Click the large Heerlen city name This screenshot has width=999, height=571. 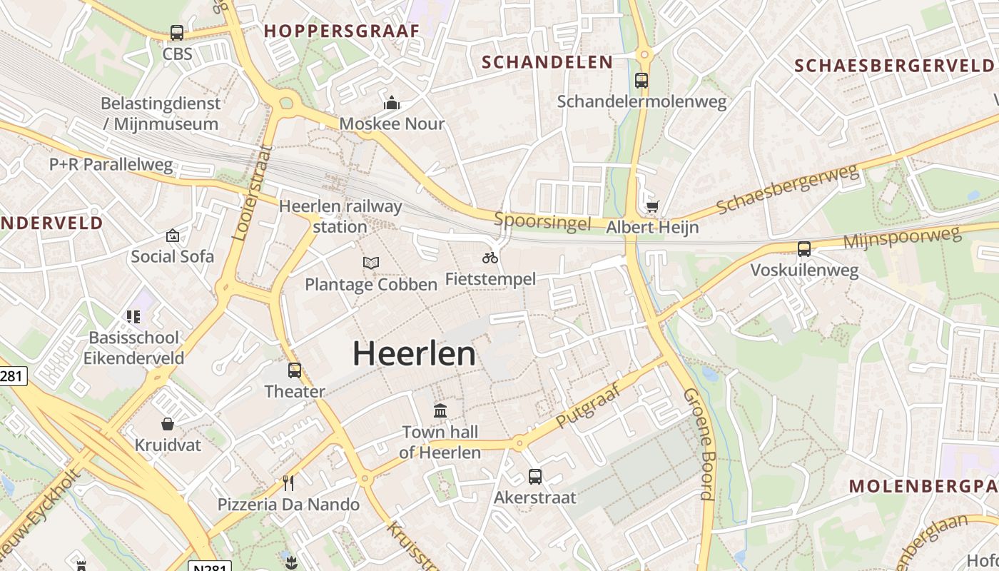414,354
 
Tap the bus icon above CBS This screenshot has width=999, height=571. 176,33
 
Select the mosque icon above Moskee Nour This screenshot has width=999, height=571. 391,103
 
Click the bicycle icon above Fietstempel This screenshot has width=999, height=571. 490,257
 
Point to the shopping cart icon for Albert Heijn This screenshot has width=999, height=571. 652,207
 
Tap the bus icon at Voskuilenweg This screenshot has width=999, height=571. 804,249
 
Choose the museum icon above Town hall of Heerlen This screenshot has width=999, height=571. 440,411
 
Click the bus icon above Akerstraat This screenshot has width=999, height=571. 535,476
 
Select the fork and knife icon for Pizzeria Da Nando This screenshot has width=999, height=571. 288,483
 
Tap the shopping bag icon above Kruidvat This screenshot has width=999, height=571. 168,424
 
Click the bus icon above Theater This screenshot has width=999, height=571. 295,370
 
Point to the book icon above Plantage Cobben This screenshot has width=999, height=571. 370,263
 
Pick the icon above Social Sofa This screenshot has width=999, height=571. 173,236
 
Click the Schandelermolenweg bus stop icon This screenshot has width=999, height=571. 642,80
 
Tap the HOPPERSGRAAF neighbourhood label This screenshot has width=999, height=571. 342,31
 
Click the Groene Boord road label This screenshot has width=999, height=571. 699,444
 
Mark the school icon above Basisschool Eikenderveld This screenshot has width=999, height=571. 133,316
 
